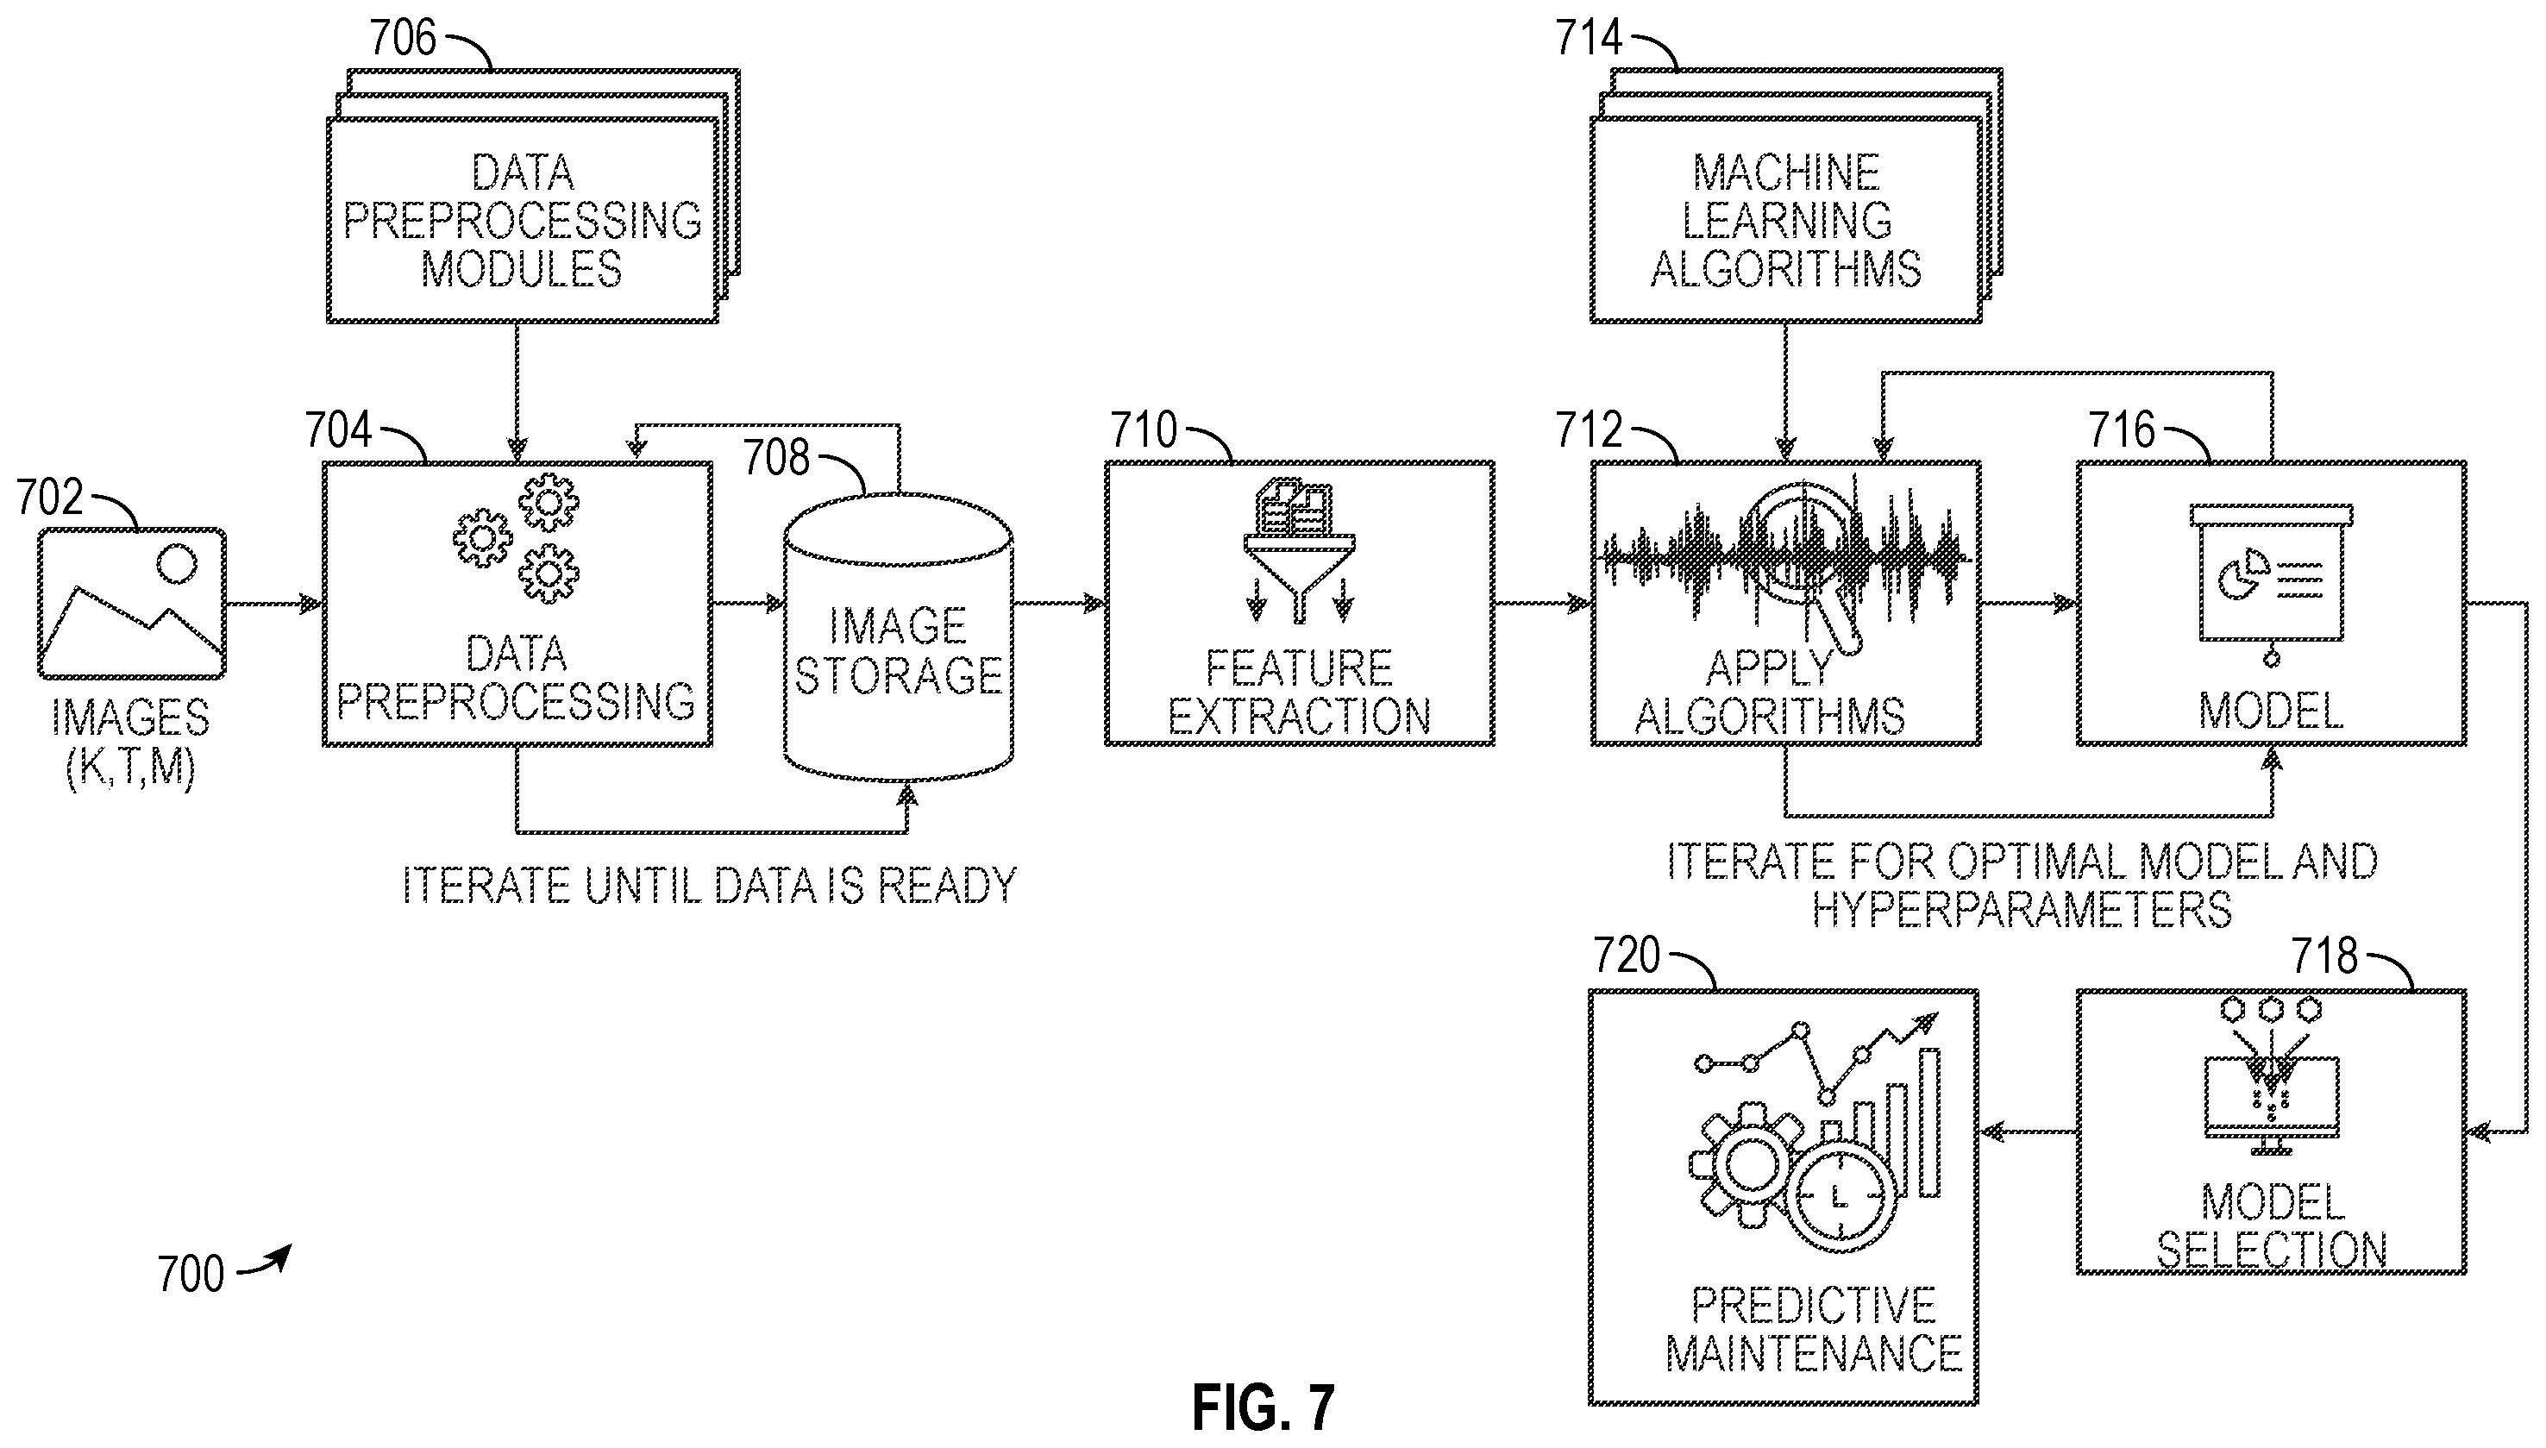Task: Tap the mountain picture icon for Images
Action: coord(132,604)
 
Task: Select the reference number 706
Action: coord(403,39)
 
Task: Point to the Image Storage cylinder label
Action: coord(898,651)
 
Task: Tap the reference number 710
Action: coord(1144,431)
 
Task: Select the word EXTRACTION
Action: coord(1299,716)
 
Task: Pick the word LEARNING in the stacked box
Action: coord(1786,221)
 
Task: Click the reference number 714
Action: coord(1590,39)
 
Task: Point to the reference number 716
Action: coord(2122,430)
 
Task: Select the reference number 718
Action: coord(2325,956)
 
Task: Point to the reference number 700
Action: coord(191,1274)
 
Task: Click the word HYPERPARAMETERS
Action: coord(2022,910)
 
